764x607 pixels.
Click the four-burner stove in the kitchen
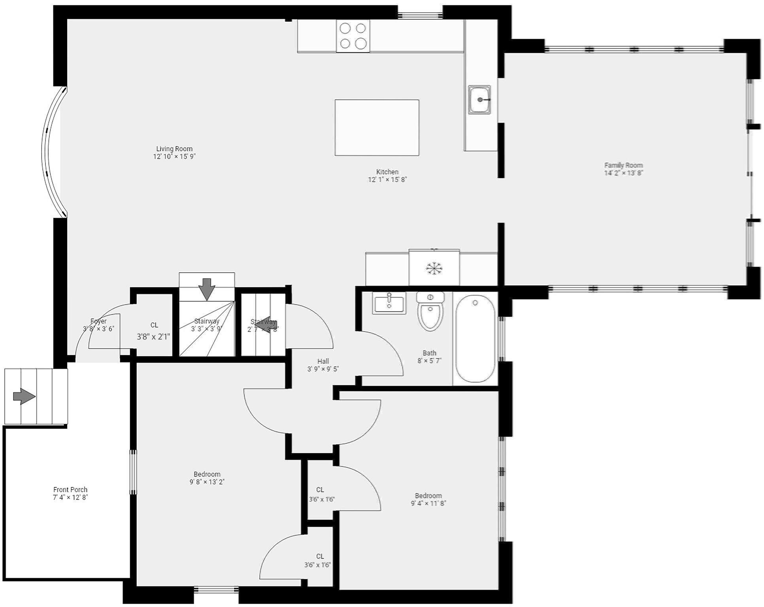click(353, 36)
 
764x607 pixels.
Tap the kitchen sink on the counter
click(479, 100)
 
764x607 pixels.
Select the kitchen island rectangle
click(377, 127)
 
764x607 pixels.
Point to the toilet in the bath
click(430, 312)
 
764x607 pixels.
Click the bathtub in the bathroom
click(475, 339)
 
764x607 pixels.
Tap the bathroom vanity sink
click(389, 303)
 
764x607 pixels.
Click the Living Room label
click(174, 149)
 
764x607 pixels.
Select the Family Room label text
click(623, 165)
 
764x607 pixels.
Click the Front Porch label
click(70, 490)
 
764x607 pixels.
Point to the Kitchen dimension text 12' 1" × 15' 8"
click(387, 179)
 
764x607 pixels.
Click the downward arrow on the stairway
click(207, 288)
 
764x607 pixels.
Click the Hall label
click(323, 361)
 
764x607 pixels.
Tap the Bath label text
click(429, 353)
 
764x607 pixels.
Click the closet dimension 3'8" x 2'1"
click(153, 337)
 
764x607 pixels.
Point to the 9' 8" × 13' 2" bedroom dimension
click(207, 482)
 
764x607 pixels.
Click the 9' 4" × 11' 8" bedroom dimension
click(428, 503)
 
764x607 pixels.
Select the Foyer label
click(98, 321)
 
